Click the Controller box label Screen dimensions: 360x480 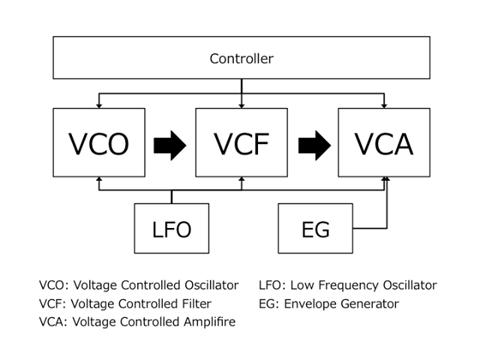click(x=241, y=58)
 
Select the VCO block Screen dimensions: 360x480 click(x=99, y=142)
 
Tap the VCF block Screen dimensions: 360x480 click(x=241, y=142)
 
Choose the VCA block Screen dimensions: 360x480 click(x=383, y=142)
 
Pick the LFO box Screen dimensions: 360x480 click(x=171, y=228)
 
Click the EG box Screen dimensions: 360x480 click(x=315, y=228)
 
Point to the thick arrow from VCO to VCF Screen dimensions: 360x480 click(x=170, y=143)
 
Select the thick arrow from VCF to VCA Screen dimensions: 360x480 click(x=314, y=143)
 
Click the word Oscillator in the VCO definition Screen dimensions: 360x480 click(x=211, y=286)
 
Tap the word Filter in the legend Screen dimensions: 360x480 click(x=194, y=304)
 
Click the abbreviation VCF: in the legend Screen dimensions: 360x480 click(x=53, y=304)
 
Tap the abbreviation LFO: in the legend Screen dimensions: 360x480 click(x=272, y=286)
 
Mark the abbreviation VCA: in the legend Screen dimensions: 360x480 click(x=53, y=322)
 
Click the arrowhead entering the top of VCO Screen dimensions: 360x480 click(x=99, y=105)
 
